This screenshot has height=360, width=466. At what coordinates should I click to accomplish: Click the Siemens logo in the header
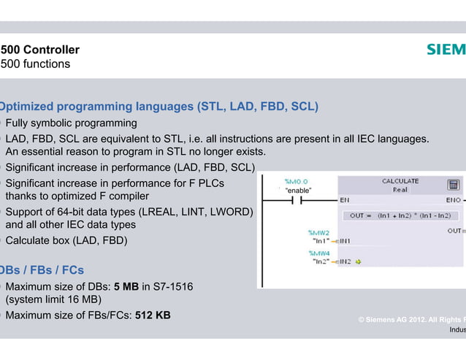446,50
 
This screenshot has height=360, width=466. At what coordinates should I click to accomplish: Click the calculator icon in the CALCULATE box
453,185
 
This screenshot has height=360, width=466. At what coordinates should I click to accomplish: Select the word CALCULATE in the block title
400,181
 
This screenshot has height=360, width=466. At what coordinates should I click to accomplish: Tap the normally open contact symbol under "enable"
297,200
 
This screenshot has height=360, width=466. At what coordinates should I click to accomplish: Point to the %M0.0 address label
296,180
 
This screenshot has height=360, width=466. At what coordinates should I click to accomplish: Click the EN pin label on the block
345,199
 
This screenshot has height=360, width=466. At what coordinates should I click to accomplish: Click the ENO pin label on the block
453,199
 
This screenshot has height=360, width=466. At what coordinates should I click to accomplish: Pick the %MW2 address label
319,232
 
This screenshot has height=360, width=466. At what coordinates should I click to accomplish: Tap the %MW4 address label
319,253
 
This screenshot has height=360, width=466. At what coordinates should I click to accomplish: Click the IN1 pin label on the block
345,240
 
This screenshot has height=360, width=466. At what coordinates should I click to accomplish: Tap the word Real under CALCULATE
400,189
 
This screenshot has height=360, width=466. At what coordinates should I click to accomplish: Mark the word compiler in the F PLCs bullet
127,196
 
